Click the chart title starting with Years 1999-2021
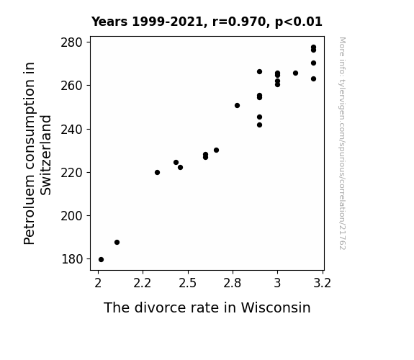(x=207, y=22)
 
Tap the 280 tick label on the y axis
(x=72, y=42)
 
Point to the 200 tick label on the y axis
(x=72, y=216)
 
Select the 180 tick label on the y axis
(x=72, y=259)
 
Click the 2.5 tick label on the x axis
(x=187, y=284)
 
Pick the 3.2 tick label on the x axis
(x=322, y=284)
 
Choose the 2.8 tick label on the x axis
(x=233, y=284)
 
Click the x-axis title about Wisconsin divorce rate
(x=207, y=307)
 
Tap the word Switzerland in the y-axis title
(x=46, y=156)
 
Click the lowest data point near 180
(x=101, y=260)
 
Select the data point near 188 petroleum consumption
(x=117, y=242)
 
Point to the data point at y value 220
(x=157, y=173)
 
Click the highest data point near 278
(x=313, y=48)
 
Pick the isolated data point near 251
(x=237, y=105)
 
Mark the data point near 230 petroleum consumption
(x=216, y=150)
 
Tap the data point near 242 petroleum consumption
(x=259, y=125)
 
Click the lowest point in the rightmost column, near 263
(x=313, y=78)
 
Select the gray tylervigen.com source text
(x=343, y=143)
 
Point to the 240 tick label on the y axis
(x=72, y=130)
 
